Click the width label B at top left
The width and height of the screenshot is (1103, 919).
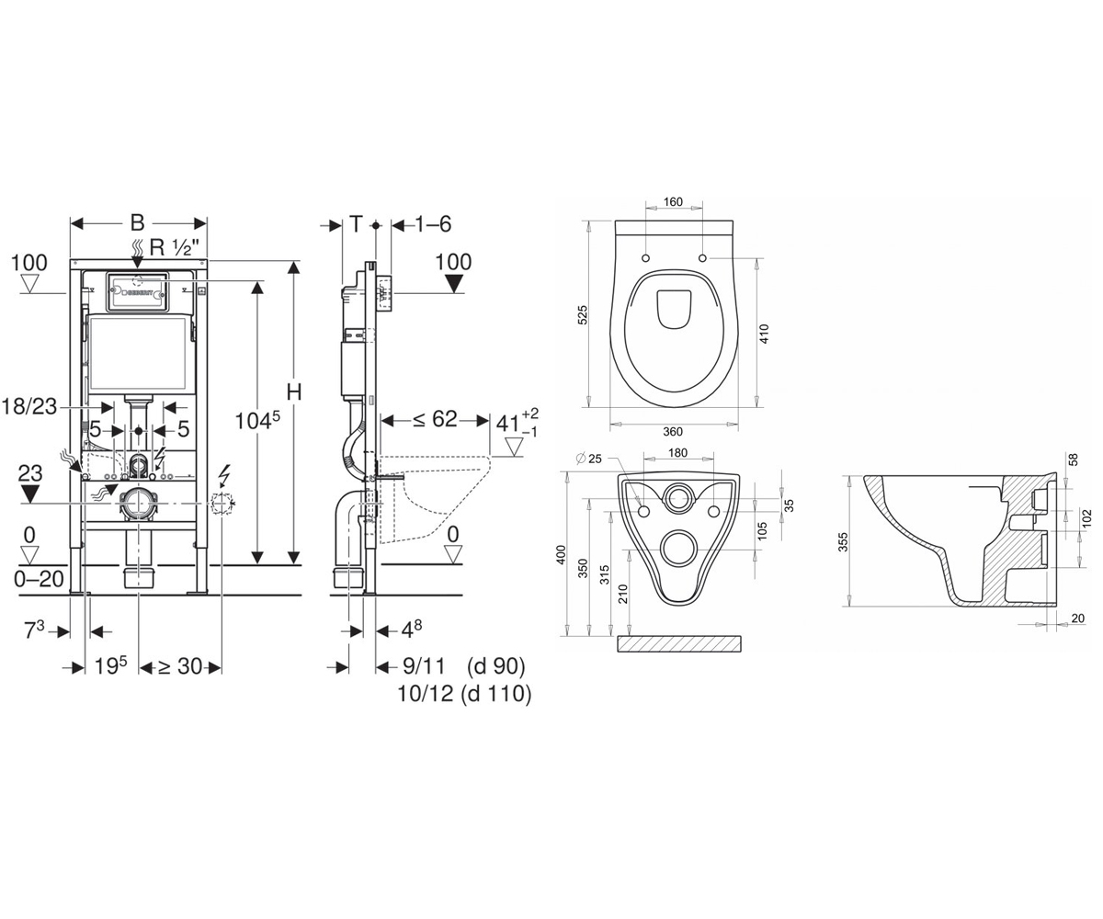[x=137, y=223]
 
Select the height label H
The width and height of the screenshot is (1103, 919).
[x=294, y=392]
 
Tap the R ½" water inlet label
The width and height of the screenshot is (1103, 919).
[x=175, y=247]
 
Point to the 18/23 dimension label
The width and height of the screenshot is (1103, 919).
[x=29, y=407]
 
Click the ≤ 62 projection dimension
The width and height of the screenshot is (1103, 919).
[x=434, y=419]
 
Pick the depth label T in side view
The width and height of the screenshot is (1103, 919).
[x=357, y=224]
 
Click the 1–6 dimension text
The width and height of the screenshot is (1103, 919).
[x=433, y=224]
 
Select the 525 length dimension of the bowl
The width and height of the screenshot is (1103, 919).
[x=582, y=315]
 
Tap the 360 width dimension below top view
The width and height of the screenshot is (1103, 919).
[x=673, y=432]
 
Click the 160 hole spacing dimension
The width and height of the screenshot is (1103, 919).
[x=673, y=202]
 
